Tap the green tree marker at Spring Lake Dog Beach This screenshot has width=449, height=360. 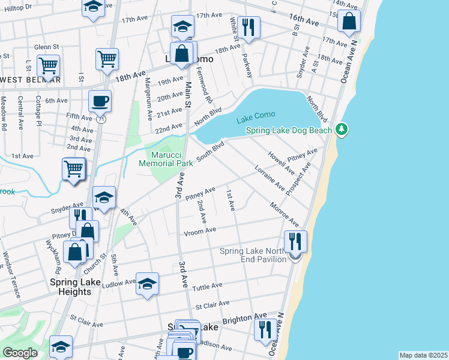(342, 129)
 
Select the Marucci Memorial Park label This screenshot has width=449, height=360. (166, 158)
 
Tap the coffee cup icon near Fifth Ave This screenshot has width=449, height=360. (100, 100)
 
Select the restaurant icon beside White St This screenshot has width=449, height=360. (248, 26)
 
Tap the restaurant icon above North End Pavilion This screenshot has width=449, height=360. (295, 241)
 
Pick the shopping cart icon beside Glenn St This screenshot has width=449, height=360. (48, 65)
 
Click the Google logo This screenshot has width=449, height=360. (20, 353)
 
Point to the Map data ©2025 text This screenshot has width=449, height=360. (423, 355)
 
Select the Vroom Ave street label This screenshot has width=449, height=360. (200, 231)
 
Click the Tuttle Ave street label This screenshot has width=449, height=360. (207, 286)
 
